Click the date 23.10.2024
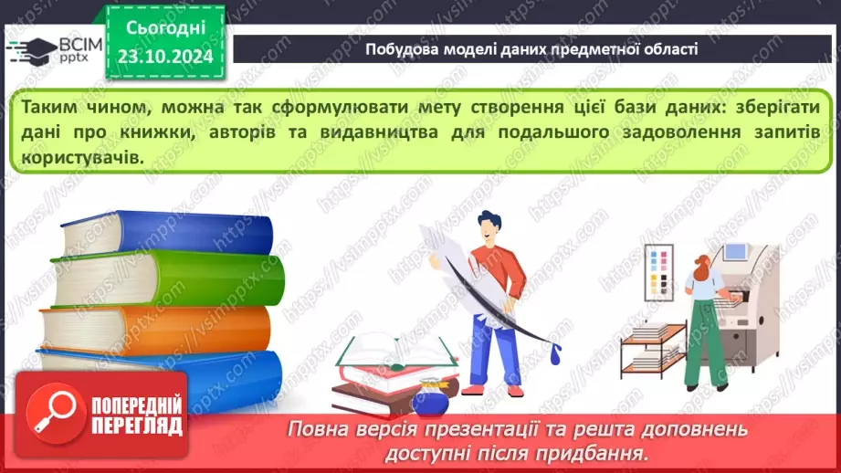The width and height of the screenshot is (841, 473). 164,57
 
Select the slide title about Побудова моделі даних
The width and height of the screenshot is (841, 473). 531,49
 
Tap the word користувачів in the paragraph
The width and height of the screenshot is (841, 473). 80,157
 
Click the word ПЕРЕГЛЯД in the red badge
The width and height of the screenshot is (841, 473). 137,425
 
